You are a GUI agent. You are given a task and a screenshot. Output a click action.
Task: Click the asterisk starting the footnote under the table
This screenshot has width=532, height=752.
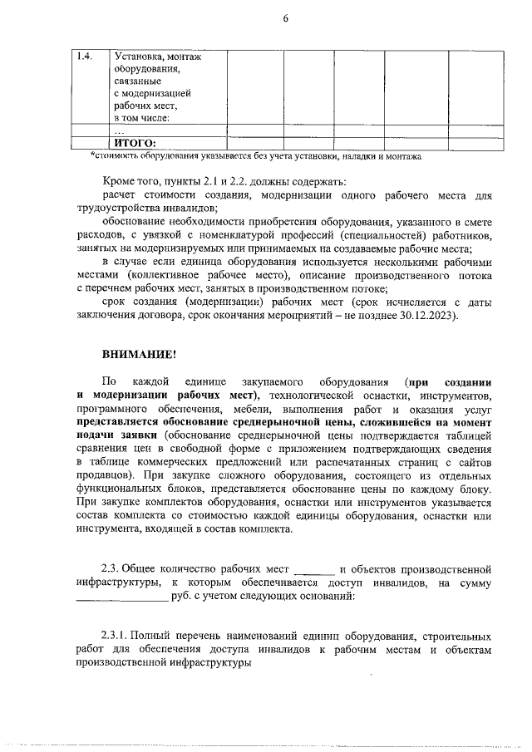pos(92,155)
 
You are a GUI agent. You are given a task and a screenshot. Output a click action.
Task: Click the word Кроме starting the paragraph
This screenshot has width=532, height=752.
pos(120,181)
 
